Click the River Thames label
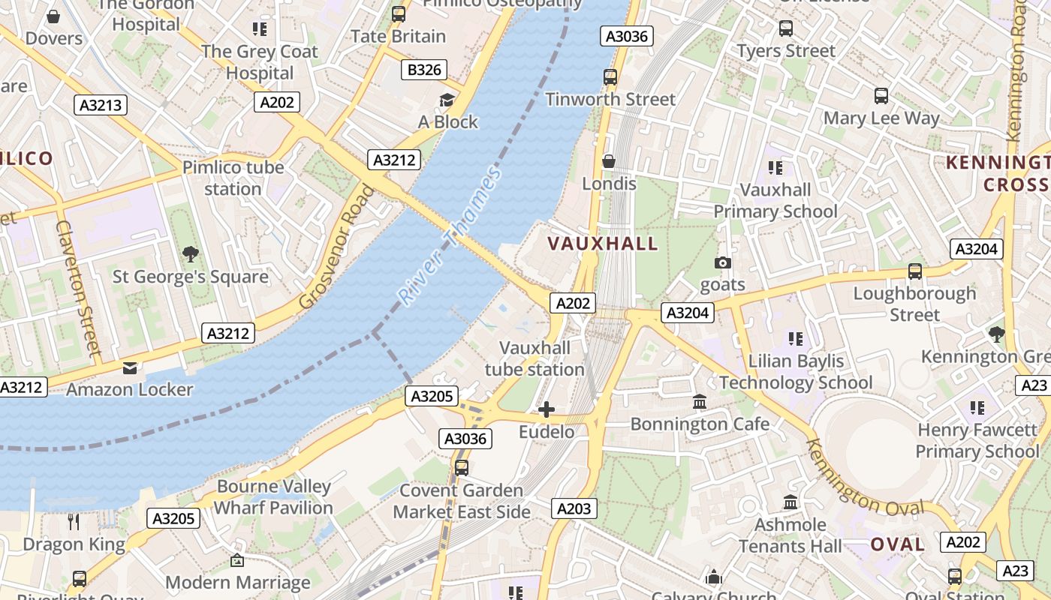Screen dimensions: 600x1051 click(x=449, y=236)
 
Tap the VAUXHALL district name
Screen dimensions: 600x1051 click(x=603, y=243)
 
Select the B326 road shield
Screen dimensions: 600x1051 click(x=424, y=70)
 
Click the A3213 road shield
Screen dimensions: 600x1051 click(x=101, y=105)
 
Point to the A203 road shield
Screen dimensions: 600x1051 click(x=574, y=508)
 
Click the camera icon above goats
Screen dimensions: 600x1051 click(x=723, y=262)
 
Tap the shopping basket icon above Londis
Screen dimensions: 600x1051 click(x=609, y=161)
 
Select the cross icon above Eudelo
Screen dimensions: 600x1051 click(x=547, y=409)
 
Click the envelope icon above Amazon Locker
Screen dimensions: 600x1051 click(x=130, y=367)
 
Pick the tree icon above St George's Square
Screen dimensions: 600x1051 click(x=191, y=253)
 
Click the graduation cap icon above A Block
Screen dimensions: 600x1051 click(x=447, y=100)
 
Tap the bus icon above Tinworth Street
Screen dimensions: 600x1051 click(x=610, y=76)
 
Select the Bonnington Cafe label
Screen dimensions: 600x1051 click(x=700, y=424)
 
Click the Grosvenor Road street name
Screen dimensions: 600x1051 click(x=336, y=247)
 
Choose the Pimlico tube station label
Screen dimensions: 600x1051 click(x=233, y=178)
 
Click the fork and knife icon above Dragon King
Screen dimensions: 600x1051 click(x=74, y=521)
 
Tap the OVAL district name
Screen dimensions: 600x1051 click(x=897, y=544)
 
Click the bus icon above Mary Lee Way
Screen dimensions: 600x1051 click(x=881, y=96)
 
